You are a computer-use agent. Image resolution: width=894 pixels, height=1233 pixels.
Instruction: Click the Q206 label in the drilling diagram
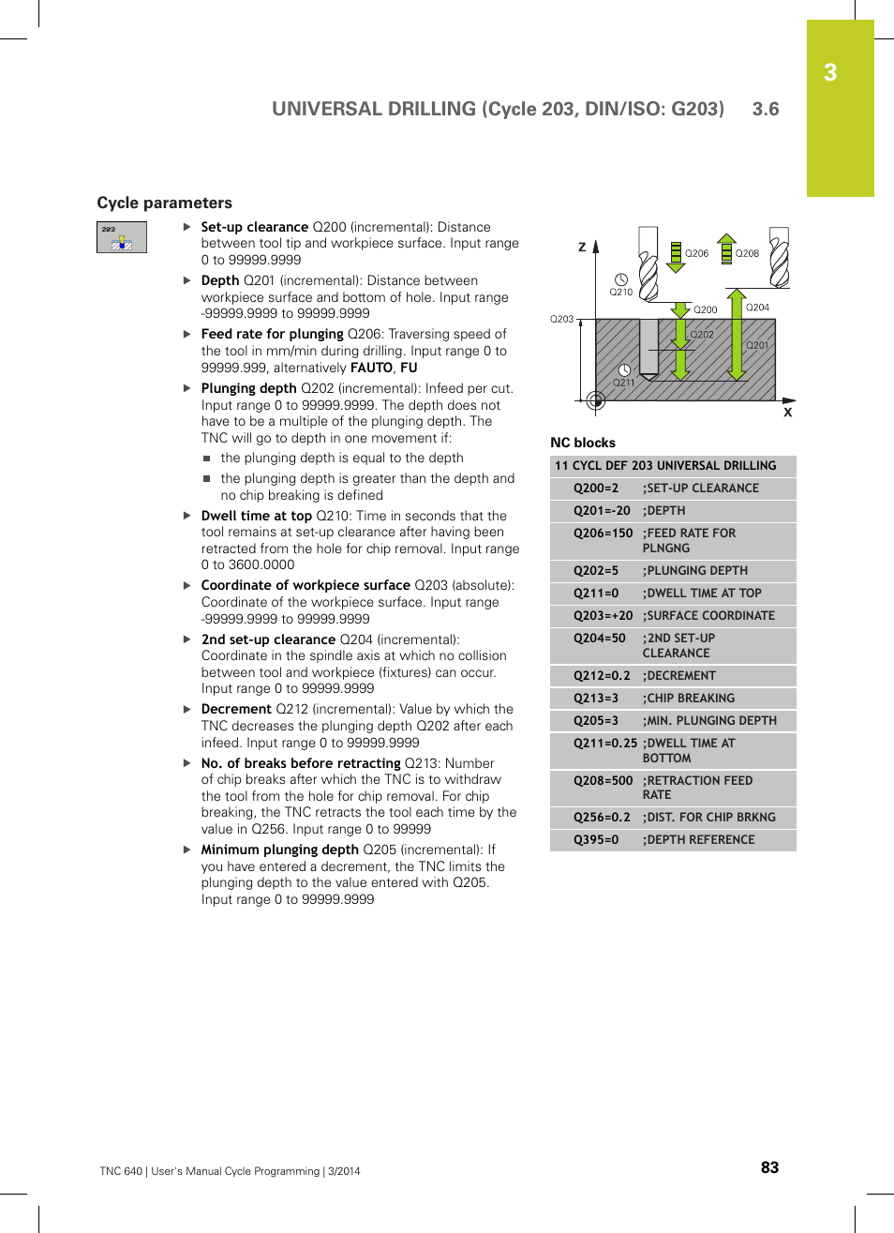point(696,253)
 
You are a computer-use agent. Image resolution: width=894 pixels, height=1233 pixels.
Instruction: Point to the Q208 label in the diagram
point(747,253)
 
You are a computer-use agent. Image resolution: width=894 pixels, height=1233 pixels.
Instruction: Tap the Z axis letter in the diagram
point(582,248)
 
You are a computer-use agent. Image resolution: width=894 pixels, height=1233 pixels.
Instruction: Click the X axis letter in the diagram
point(787,413)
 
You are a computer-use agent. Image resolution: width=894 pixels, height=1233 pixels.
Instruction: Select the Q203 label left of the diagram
point(561,320)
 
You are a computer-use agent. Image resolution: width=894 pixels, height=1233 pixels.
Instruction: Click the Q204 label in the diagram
point(757,308)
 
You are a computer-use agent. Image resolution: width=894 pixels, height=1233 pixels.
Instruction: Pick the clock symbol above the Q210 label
point(620,279)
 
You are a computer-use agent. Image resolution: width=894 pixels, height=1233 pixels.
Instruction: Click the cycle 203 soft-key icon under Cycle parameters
point(122,237)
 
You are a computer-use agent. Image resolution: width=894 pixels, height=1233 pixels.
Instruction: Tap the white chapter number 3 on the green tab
point(830,73)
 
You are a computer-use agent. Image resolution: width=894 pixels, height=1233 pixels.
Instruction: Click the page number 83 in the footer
point(769,1167)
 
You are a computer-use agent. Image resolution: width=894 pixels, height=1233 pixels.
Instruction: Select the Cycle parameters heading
point(164,203)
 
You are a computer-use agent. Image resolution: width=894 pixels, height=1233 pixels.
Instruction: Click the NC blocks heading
point(583,443)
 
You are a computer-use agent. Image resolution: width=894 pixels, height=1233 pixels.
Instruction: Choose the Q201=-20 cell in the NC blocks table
point(602,511)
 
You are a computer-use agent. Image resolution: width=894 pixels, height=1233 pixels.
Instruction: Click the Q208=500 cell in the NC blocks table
point(603,781)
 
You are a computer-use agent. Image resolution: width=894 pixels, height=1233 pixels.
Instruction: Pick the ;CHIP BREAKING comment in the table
point(688,699)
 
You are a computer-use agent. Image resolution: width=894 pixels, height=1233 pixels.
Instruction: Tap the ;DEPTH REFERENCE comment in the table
point(698,840)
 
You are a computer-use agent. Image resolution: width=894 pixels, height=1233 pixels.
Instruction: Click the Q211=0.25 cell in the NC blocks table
point(604,744)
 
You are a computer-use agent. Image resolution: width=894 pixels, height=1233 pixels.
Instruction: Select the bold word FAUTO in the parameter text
point(371,368)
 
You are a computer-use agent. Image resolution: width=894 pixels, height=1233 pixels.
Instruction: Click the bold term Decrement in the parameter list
point(236,709)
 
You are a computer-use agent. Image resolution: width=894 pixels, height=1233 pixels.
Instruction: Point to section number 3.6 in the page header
point(766,109)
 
